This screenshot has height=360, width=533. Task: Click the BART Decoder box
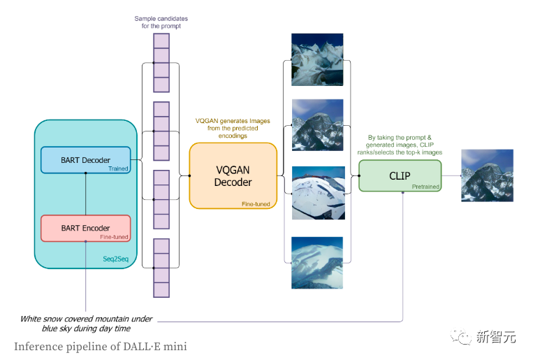click(85, 160)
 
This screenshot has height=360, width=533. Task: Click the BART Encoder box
click(85, 228)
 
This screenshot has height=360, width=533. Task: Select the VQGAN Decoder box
click(233, 175)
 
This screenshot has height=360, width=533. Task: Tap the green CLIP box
click(400, 175)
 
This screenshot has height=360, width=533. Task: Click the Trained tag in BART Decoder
click(118, 168)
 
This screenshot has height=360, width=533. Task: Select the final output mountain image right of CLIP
click(487, 175)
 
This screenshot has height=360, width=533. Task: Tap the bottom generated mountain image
click(316, 263)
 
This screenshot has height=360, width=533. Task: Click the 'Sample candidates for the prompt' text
click(161, 22)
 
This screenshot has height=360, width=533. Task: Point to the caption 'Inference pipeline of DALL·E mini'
click(100, 347)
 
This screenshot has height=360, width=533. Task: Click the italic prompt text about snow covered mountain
click(86, 323)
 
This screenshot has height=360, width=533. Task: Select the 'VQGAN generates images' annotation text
click(233, 129)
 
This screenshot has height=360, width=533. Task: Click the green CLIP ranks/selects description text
click(404, 145)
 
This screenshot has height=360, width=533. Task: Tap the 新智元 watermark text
click(496, 337)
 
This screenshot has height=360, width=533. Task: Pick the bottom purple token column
click(161, 268)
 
